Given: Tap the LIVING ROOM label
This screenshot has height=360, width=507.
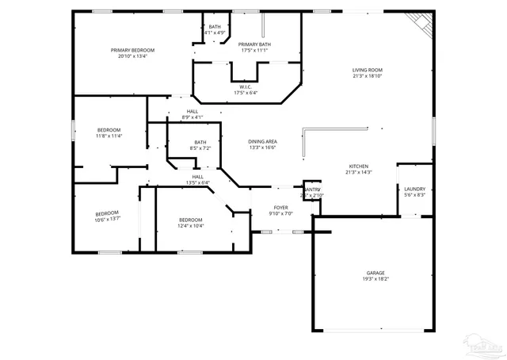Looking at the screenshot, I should [x=368, y=71].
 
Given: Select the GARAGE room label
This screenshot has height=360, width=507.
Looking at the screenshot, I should [x=375, y=273].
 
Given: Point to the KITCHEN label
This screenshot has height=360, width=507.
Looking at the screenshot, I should [x=359, y=167].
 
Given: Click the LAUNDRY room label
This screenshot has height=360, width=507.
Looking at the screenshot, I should [x=414, y=189].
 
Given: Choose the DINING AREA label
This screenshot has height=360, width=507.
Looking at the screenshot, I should [x=262, y=141].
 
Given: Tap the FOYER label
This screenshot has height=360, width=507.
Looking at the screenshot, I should [x=281, y=207].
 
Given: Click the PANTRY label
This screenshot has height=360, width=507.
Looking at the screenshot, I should [x=311, y=190].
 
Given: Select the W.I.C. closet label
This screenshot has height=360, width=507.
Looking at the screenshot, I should [x=245, y=87].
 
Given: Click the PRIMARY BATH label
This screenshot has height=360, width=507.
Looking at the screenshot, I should [x=254, y=44].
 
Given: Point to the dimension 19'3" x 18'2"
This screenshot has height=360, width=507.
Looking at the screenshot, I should [x=375, y=279].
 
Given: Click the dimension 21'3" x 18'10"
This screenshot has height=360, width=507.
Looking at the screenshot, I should [x=368, y=77].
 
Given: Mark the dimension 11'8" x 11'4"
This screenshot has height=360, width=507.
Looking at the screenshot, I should [x=109, y=136].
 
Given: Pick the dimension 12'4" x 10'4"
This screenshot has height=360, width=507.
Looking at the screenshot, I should [x=190, y=226].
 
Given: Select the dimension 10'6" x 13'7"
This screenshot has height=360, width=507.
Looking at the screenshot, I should [x=107, y=219].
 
